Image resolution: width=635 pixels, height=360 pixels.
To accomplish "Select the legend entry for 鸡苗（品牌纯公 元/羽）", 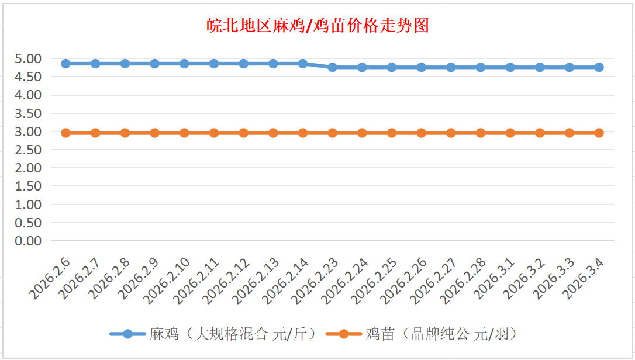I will click(x=421, y=334).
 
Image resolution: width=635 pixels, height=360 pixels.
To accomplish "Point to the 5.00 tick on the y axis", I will click(x=29, y=58).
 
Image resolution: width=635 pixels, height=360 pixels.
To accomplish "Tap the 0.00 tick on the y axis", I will click(x=29, y=241).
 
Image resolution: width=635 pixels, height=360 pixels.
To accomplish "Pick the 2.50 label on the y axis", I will click(x=29, y=150).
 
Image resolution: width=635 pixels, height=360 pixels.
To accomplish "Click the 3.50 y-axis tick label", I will click(x=29, y=113).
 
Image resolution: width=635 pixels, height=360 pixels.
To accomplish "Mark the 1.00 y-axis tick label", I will click(x=29, y=205).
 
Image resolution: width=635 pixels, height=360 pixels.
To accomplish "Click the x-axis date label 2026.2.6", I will click(x=51, y=279).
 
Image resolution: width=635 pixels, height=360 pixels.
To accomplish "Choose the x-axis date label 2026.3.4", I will click(x=585, y=279).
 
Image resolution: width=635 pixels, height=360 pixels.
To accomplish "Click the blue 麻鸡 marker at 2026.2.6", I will click(x=66, y=63).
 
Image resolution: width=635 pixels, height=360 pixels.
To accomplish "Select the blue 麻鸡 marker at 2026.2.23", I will click(x=333, y=67).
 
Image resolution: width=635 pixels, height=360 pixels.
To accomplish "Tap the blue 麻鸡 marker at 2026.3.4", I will click(x=599, y=67).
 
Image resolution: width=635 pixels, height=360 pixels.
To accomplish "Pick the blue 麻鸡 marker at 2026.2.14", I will click(x=303, y=63).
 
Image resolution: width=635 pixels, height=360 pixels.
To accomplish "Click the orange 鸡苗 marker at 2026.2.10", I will click(x=184, y=133).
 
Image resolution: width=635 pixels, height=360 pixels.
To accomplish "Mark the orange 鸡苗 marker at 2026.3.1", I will click(x=510, y=133).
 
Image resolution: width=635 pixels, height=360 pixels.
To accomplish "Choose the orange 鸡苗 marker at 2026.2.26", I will click(x=422, y=133).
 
